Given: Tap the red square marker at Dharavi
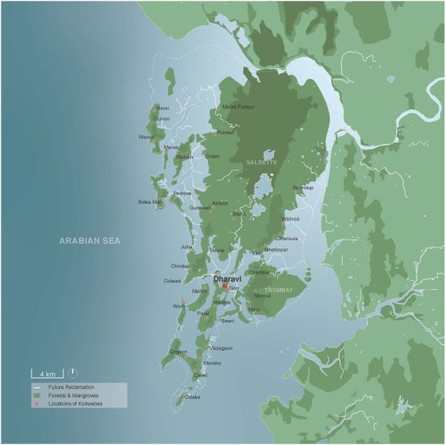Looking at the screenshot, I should click(x=224, y=287).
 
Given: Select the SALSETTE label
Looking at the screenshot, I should click(x=262, y=162).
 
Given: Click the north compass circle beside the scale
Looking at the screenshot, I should click(x=74, y=372).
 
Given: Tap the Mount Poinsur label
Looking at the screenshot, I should click(x=239, y=107).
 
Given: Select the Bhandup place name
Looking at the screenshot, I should click(x=302, y=188).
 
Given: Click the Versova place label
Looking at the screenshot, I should click(x=182, y=193).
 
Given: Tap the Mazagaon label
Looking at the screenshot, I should click(x=221, y=348).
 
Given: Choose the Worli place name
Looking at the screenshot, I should click(x=179, y=306).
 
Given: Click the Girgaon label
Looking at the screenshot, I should click(x=178, y=352).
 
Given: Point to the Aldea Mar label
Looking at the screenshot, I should click(x=150, y=201).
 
